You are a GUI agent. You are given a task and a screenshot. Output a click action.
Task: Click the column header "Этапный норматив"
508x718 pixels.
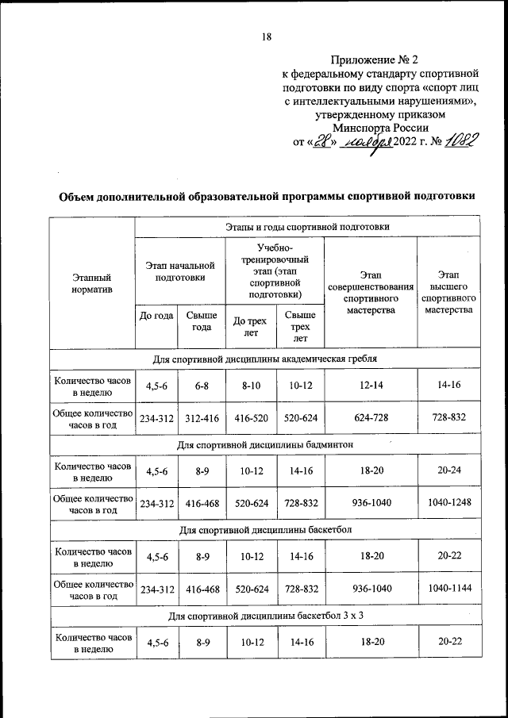click(91, 283)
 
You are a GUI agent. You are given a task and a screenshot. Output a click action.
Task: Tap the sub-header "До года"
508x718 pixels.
click(156, 315)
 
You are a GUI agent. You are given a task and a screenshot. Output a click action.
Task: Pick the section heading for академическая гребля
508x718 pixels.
click(264, 359)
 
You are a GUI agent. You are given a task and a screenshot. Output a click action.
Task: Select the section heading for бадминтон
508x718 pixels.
click(264, 443)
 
